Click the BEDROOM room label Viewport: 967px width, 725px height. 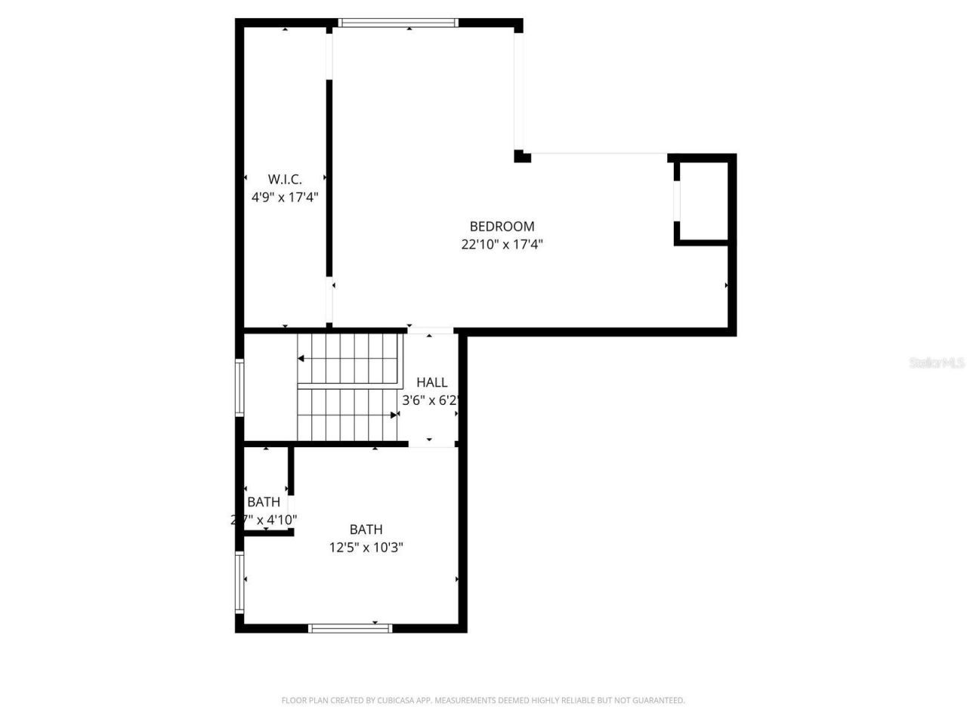pyautogui.click(x=502, y=226)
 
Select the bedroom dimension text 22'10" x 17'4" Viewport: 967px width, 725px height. pyautogui.click(x=502, y=244)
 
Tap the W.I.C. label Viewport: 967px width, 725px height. pyautogui.click(x=285, y=179)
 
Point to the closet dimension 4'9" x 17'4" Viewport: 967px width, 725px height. pyautogui.click(x=285, y=197)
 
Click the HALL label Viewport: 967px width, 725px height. pyautogui.click(x=431, y=382)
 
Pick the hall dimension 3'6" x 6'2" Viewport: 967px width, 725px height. pyautogui.click(x=430, y=400)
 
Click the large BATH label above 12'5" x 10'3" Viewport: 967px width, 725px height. pyautogui.click(x=366, y=529)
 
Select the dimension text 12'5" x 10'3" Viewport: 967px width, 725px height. pyautogui.click(x=366, y=548)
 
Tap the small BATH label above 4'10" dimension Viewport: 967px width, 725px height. pyautogui.click(x=264, y=501)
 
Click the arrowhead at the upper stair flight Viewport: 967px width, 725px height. pyautogui.click(x=301, y=359)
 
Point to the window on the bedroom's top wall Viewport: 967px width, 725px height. pyautogui.click(x=397, y=23)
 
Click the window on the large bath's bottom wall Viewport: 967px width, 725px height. pyautogui.click(x=350, y=628)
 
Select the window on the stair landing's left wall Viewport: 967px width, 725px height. pyautogui.click(x=239, y=388)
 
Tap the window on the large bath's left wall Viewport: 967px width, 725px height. pyautogui.click(x=239, y=582)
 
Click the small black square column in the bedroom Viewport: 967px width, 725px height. pyautogui.click(x=521, y=156)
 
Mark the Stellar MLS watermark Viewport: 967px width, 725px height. pyautogui.click(x=937, y=362)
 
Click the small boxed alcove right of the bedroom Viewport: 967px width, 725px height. pyautogui.click(x=703, y=200)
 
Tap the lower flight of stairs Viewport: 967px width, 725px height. pyautogui.click(x=347, y=415)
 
